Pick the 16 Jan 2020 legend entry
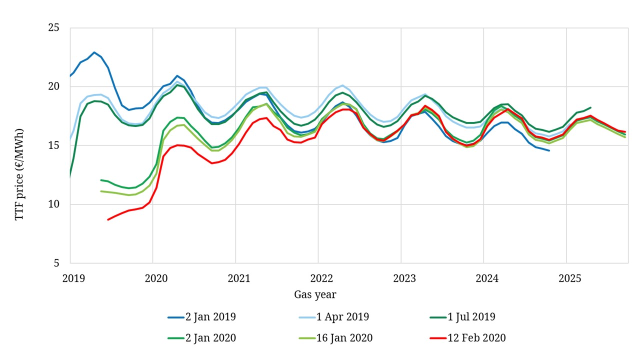[x=344, y=338]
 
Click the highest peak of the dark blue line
[x=94, y=52]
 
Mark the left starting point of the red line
[x=108, y=219]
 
